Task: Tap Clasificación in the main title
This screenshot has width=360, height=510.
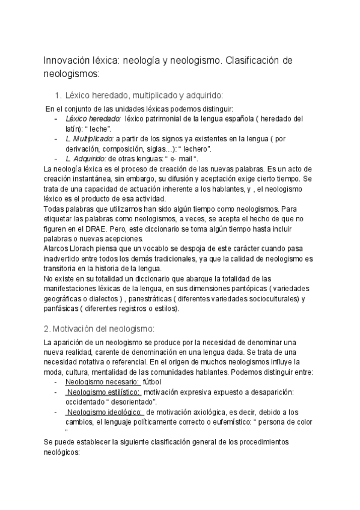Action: click(x=256, y=62)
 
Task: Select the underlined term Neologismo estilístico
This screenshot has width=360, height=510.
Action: click(x=104, y=392)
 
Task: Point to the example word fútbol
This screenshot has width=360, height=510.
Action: click(x=156, y=382)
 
